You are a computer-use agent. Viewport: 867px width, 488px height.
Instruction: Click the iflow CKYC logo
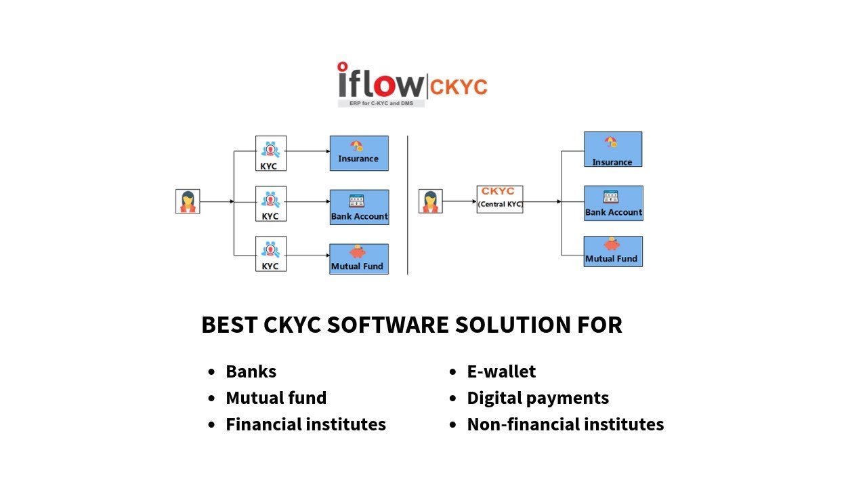pyautogui.click(x=412, y=84)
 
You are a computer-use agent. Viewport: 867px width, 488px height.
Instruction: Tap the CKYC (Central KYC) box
pyautogui.click(x=500, y=199)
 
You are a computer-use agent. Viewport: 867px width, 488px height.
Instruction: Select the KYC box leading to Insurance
pyautogui.click(x=271, y=153)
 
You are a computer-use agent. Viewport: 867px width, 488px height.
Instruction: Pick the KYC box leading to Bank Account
pyautogui.click(x=271, y=203)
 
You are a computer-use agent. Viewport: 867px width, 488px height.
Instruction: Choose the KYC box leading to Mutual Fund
pyautogui.click(x=271, y=253)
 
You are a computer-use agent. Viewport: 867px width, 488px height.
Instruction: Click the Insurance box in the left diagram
pyautogui.click(x=359, y=153)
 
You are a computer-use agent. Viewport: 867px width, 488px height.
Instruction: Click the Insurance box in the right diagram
pyautogui.click(x=613, y=149)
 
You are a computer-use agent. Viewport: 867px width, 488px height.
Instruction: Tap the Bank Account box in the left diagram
pyautogui.click(x=359, y=207)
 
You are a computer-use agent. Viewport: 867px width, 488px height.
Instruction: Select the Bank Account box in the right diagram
pyautogui.click(x=614, y=203)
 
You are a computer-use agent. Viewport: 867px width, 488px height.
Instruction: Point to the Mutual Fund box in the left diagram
pyautogui.click(x=359, y=258)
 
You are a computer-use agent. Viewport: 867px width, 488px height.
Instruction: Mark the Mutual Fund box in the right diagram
pyautogui.click(x=613, y=251)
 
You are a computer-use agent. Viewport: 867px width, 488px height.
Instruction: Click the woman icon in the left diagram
pyautogui.click(x=188, y=201)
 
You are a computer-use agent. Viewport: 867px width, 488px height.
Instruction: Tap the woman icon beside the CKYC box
pyautogui.click(x=430, y=201)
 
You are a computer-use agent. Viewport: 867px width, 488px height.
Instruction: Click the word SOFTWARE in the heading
pyautogui.click(x=387, y=325)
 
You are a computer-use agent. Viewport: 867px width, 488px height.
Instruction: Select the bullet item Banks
pyautogui.click(x=251, y=371)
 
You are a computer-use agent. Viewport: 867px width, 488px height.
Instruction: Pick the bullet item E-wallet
pyautogui.click(x=501, y=371)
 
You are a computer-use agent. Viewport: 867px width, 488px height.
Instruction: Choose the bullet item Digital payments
pyautogui.click(x=538, y=398)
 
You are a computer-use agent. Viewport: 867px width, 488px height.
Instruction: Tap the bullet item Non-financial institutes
pyautogui.click(x=566, y=424)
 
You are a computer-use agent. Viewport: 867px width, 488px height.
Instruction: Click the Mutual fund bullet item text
pyautogui.click(x=276, y=398)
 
